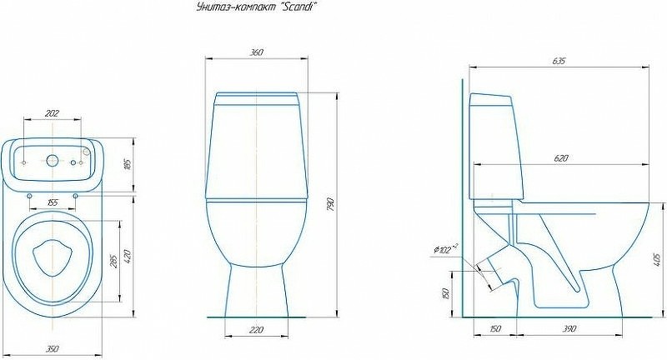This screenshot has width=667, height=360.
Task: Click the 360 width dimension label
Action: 257,52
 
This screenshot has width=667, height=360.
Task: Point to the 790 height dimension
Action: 331,204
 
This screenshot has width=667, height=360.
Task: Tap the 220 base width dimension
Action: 256,329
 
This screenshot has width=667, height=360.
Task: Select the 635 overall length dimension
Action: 559,61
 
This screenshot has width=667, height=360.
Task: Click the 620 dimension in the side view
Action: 561,158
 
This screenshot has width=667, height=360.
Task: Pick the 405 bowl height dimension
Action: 658,259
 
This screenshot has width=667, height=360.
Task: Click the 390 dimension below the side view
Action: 569,328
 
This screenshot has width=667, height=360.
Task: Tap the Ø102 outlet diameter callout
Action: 445,248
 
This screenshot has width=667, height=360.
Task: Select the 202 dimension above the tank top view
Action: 52,113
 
